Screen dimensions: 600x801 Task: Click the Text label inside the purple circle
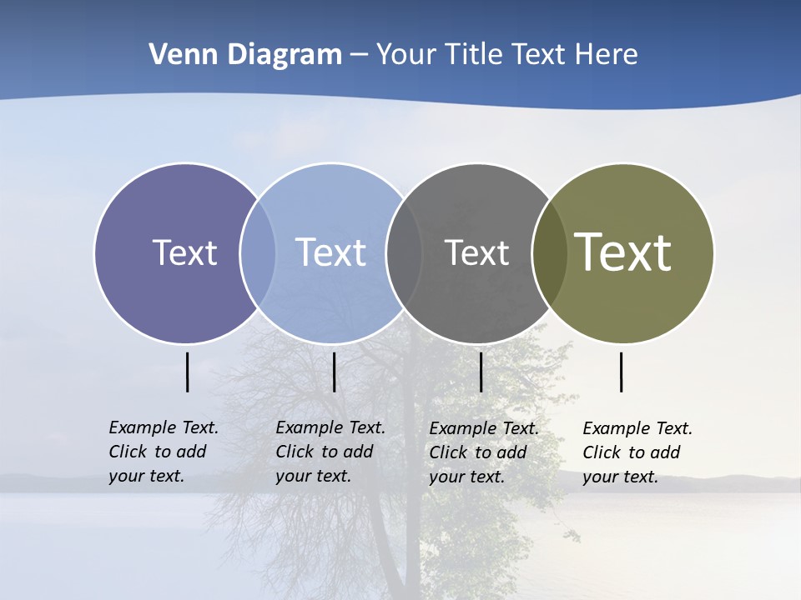(x=184, y=252)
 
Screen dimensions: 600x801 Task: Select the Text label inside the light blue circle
(x=331, y=252)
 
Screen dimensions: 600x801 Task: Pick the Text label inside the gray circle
(x=476, y=252)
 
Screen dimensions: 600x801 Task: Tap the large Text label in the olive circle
(x=623, y=252)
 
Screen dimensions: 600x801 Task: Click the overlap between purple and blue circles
(x=258, y=252)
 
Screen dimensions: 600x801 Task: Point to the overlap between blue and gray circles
(x=404, y=252)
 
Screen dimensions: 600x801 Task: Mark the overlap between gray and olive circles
(x=550, y=252)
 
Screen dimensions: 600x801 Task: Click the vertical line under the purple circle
(x=187, y=372)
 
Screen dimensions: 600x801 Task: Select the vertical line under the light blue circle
(x=334, y=372)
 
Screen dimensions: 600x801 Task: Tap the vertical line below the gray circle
(x=481, y=372)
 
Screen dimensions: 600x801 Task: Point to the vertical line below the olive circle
(x=621, y=372)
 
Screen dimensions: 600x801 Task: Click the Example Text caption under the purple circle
(x=164, y=452)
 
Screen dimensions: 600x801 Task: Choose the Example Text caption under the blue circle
(x=330, y=452)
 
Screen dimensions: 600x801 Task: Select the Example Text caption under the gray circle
(x=484, y=452)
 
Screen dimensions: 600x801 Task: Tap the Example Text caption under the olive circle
(x=637, y=452)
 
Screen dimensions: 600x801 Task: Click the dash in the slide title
(x=359, y=55)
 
